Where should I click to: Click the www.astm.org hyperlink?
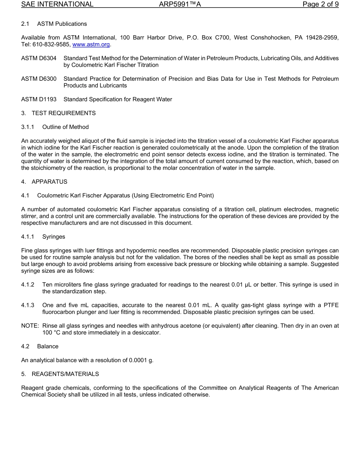click(91, 44)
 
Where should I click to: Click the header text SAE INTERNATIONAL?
click(57, 5)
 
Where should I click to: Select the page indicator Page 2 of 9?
click(320, 5)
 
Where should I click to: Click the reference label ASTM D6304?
click(39, 58)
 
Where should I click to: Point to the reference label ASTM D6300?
click(39, 79)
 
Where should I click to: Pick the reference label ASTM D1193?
click(39, 99)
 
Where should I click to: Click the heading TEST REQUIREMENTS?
click(64, 113)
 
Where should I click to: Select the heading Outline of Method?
click(66, 127)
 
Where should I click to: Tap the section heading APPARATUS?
click(49, 181)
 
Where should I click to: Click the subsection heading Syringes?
click(53, 236)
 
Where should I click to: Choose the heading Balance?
click(48, 346)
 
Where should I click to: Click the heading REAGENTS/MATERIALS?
click(65, 374)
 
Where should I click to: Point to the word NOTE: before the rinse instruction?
click(30, 326)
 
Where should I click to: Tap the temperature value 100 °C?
click(51, 333)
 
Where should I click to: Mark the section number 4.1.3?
click(28, 305)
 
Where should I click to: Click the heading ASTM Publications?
click(62, 24)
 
